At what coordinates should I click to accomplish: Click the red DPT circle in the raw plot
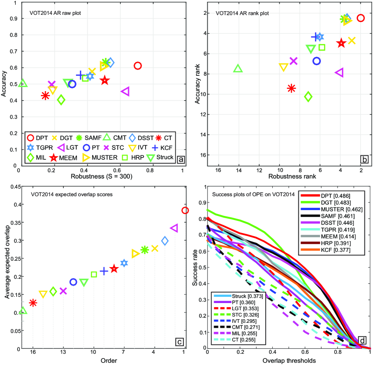coord(138,66)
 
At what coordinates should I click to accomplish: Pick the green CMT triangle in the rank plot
coord(238,69)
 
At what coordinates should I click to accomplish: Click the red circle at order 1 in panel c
coord(185,211)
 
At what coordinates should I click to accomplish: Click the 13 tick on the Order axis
coord(63,352)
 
